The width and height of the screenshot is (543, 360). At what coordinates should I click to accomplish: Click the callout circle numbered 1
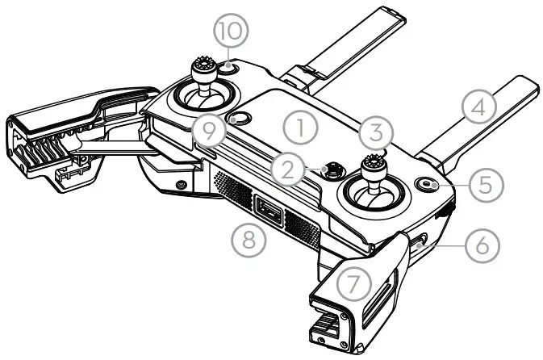coord(299,128)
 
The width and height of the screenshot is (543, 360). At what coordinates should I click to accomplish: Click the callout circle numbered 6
coord(482,243)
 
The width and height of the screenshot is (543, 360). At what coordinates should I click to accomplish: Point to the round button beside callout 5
coord(429,185)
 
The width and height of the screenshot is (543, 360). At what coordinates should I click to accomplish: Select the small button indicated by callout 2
coord(331,170)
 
